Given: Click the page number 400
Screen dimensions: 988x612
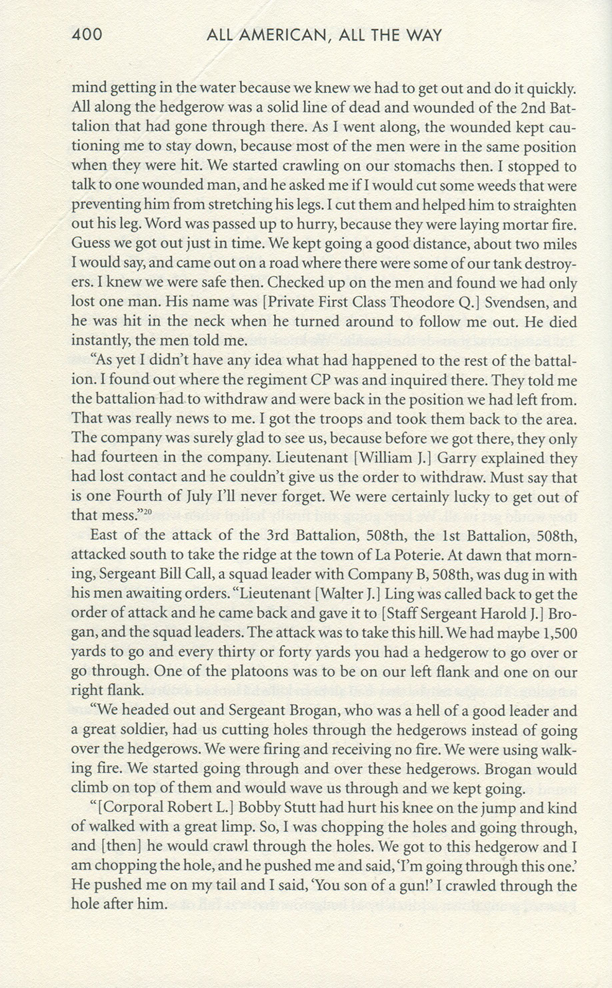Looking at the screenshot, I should click(87, 34).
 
